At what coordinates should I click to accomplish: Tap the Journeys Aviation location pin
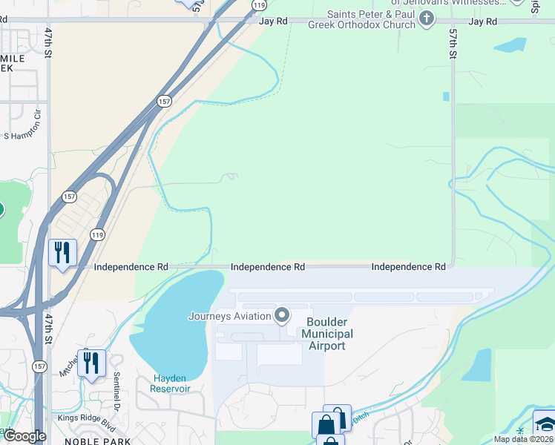tap(282, 316)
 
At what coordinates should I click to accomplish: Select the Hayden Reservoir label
tap(170, 383)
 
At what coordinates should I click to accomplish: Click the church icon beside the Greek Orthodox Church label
tap(427, 20)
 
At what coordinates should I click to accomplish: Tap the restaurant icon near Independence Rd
tap(62, 253)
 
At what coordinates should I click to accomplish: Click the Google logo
tap(24, 435)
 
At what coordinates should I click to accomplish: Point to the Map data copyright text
tap(523, 439)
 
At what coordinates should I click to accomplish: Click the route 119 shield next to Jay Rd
tap(258, 4)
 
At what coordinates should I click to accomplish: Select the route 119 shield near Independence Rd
tap(97, 234)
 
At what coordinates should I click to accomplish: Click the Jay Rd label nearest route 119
tap(272, 22)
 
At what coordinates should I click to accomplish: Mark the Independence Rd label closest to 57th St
tap(408, 266)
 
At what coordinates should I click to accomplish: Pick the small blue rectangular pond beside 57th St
tap(446, 96)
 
